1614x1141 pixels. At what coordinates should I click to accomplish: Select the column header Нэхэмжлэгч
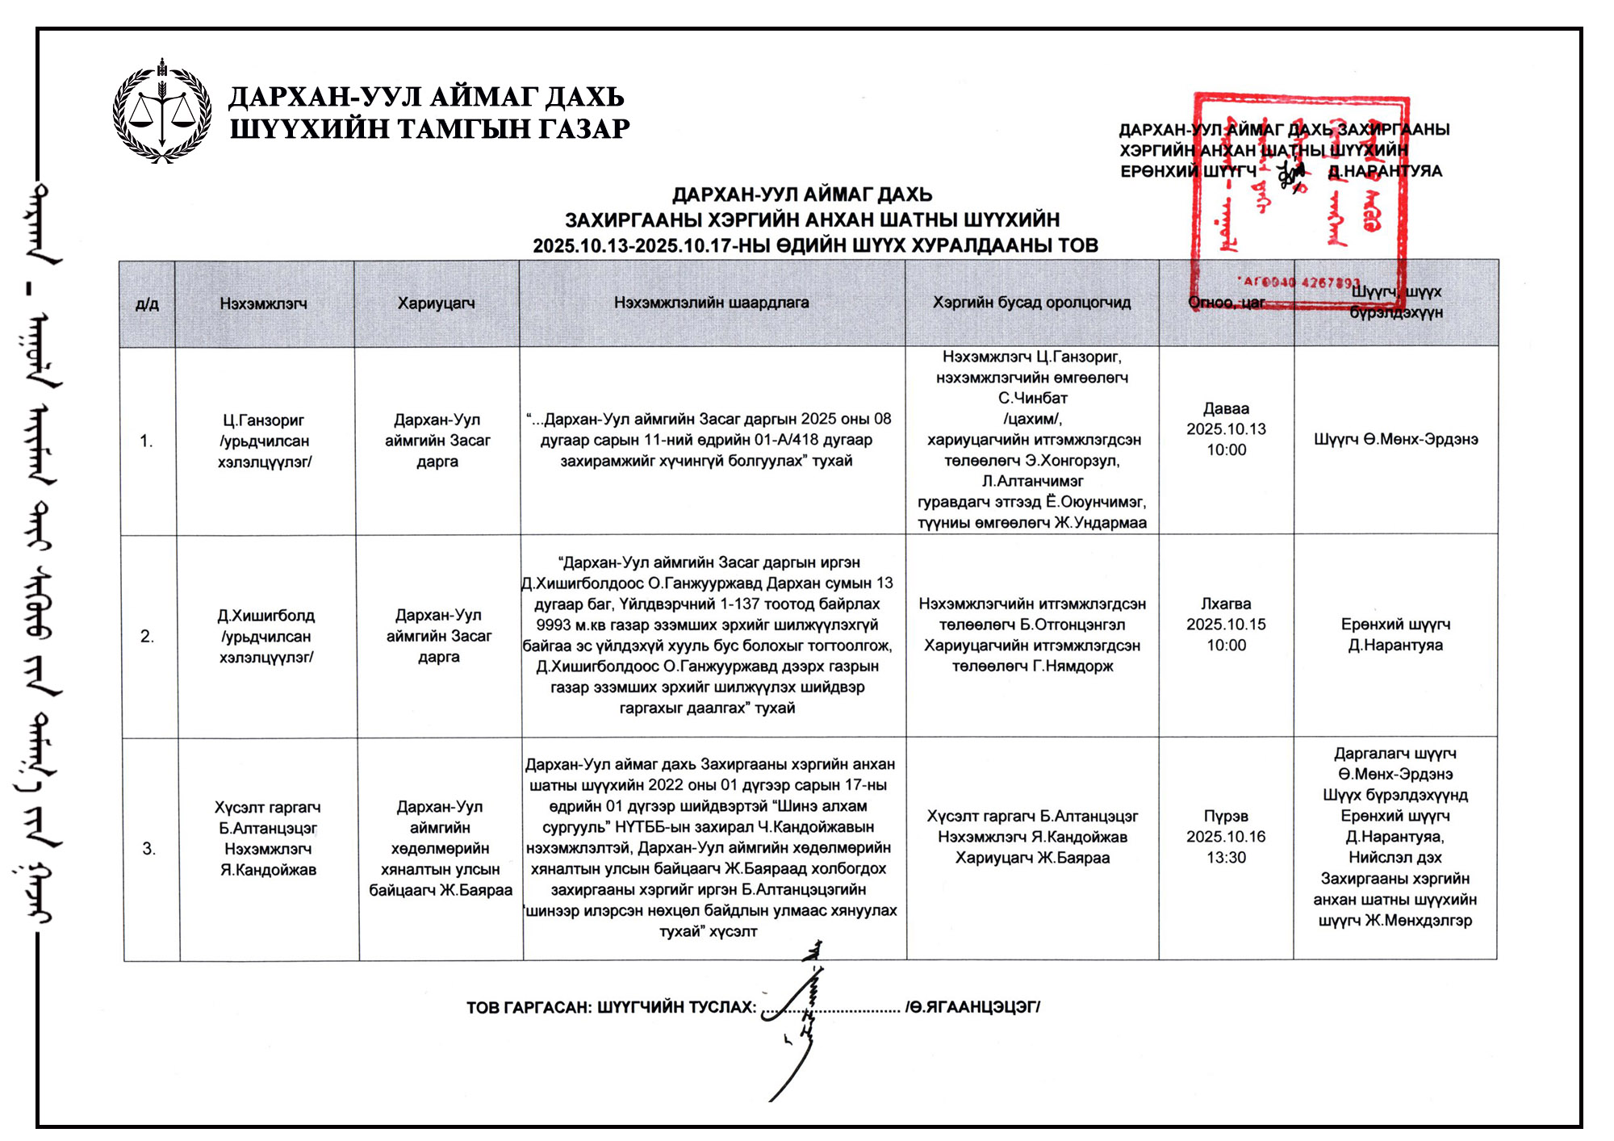click(x=263, y=303)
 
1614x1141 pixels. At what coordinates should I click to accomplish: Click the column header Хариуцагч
click(x=436, y=303)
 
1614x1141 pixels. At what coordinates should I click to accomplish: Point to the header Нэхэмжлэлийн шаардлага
click(x=711, y=303)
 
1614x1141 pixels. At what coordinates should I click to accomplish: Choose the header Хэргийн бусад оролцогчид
click(x=1031, y=303)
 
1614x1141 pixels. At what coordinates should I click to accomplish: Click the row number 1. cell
click(x=146, y=441)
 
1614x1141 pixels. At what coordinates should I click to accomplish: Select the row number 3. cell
click(x=148, y=848)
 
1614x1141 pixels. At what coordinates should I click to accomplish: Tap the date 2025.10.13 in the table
click(x=1226, y=429)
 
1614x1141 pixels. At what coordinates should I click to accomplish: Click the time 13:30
click(x=1226, y=858)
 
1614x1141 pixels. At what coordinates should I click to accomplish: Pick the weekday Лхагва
click(x=1226, y=604)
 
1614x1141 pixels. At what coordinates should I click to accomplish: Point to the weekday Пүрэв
click(x=1226, y=816)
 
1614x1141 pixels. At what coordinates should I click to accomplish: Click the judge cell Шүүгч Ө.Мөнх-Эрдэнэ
click(x=1395, y=440)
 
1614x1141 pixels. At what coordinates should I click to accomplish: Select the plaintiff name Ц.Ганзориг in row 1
click(x=264, y=420)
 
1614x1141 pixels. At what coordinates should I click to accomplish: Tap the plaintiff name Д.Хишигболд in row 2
click(x=266, y=616)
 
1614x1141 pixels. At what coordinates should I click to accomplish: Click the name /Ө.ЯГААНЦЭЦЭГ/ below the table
click(x=972, y=1007)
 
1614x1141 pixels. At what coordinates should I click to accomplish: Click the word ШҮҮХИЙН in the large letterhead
click(x=295, y=129)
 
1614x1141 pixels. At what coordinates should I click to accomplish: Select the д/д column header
click(x=147, y=304)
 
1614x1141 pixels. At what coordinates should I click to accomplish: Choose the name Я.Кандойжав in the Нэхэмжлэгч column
click(x=268, y=870)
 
